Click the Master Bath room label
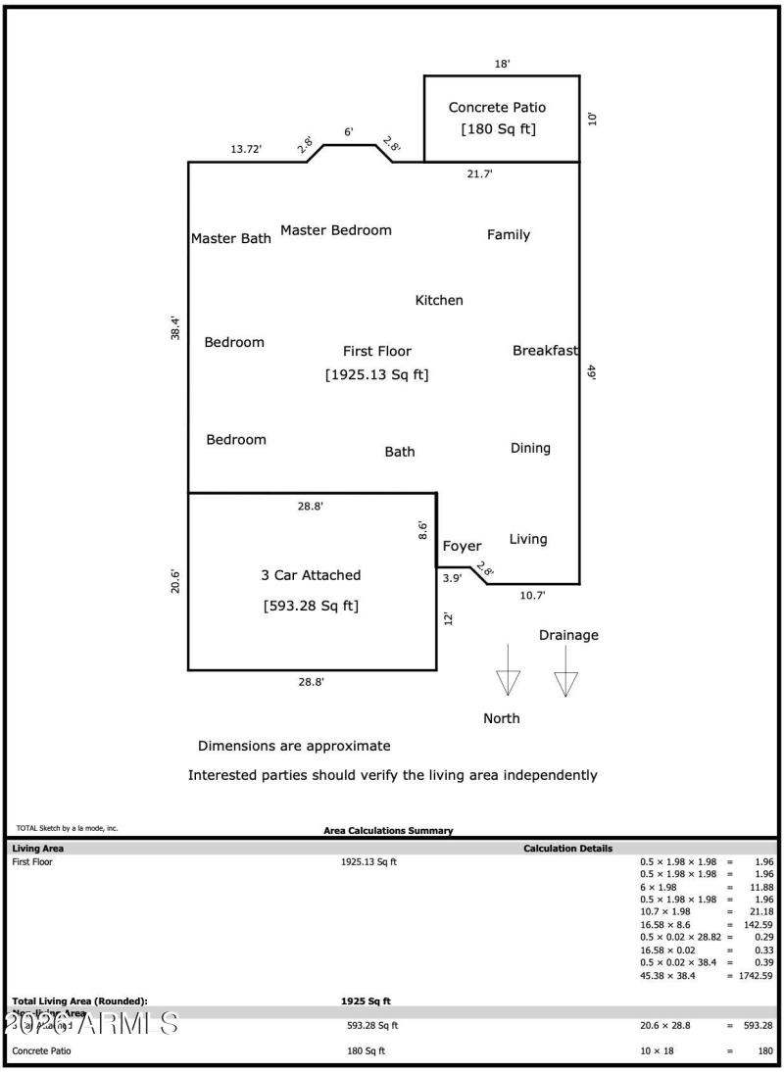point(230,238)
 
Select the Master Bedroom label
point(335,230)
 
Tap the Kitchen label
point(439,300)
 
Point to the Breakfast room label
point(545,350)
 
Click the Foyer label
point(462,546)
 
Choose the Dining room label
point(530,448)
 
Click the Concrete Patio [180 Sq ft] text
point(498,118)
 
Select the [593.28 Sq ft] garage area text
point(311,606)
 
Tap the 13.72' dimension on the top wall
point(246,149)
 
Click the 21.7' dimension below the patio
point(479,173)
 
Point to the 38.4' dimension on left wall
point(175,327)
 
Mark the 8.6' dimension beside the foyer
point(423,530)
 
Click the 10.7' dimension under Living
point(532,595)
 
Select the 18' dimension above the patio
point(502,64)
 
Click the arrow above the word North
point(508,671)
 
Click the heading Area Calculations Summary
point(388,830)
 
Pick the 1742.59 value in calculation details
point(756,976)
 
